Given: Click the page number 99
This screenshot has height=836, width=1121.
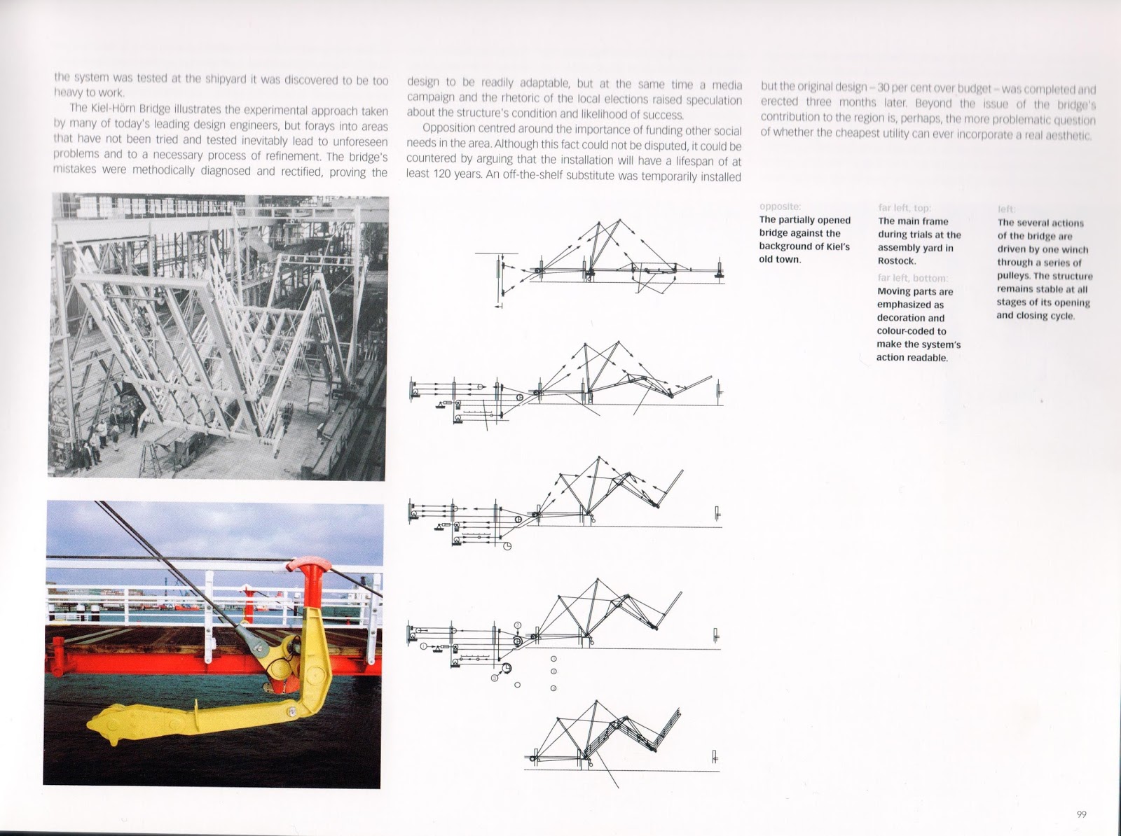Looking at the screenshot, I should (x=1081, y=814).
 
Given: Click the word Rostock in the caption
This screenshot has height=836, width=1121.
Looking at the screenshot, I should (x=896, y=261).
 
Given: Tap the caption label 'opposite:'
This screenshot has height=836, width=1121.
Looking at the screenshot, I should (x=779, y=207).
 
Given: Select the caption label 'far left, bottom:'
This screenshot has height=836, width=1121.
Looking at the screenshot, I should (x=912, y=278).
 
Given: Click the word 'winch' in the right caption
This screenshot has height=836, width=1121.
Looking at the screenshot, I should (x=1075, y=250).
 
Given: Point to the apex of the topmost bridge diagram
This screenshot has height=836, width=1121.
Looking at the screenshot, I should (x=619, y=219).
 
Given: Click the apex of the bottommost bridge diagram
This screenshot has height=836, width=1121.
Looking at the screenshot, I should (x=597, y=701).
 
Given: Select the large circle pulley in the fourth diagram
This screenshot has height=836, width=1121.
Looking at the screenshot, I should (x=506, y=669).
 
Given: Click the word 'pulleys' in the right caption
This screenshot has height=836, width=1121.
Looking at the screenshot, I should (x=1014, y=276).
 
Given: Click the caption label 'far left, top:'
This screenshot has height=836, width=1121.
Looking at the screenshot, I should (x=904, y=208).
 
